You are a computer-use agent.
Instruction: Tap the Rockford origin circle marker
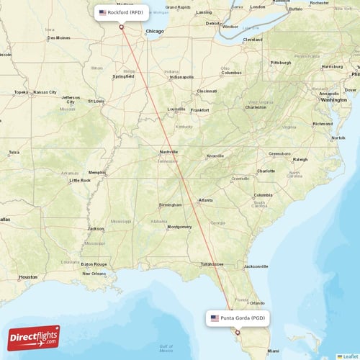click(122, 27)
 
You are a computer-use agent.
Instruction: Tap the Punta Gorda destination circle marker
click(238, 333)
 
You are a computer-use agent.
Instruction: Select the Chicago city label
click(154, 32)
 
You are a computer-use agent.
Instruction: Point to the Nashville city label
click(169, 152)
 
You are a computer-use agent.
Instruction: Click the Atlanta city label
click(206, 200)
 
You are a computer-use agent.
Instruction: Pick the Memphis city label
click(96, 172)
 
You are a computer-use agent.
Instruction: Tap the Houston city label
click(28, 276)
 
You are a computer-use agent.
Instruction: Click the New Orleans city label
click(94, 274)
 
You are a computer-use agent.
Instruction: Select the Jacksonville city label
click(256, 266)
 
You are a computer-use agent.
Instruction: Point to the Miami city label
click(273, 351)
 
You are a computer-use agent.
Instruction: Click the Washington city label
click(333, 100)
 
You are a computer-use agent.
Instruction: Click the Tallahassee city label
click(212, 264)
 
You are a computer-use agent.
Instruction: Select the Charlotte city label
click(266, 171)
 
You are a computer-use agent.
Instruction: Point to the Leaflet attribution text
click(350, 356)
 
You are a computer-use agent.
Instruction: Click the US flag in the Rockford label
click(102, 12)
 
